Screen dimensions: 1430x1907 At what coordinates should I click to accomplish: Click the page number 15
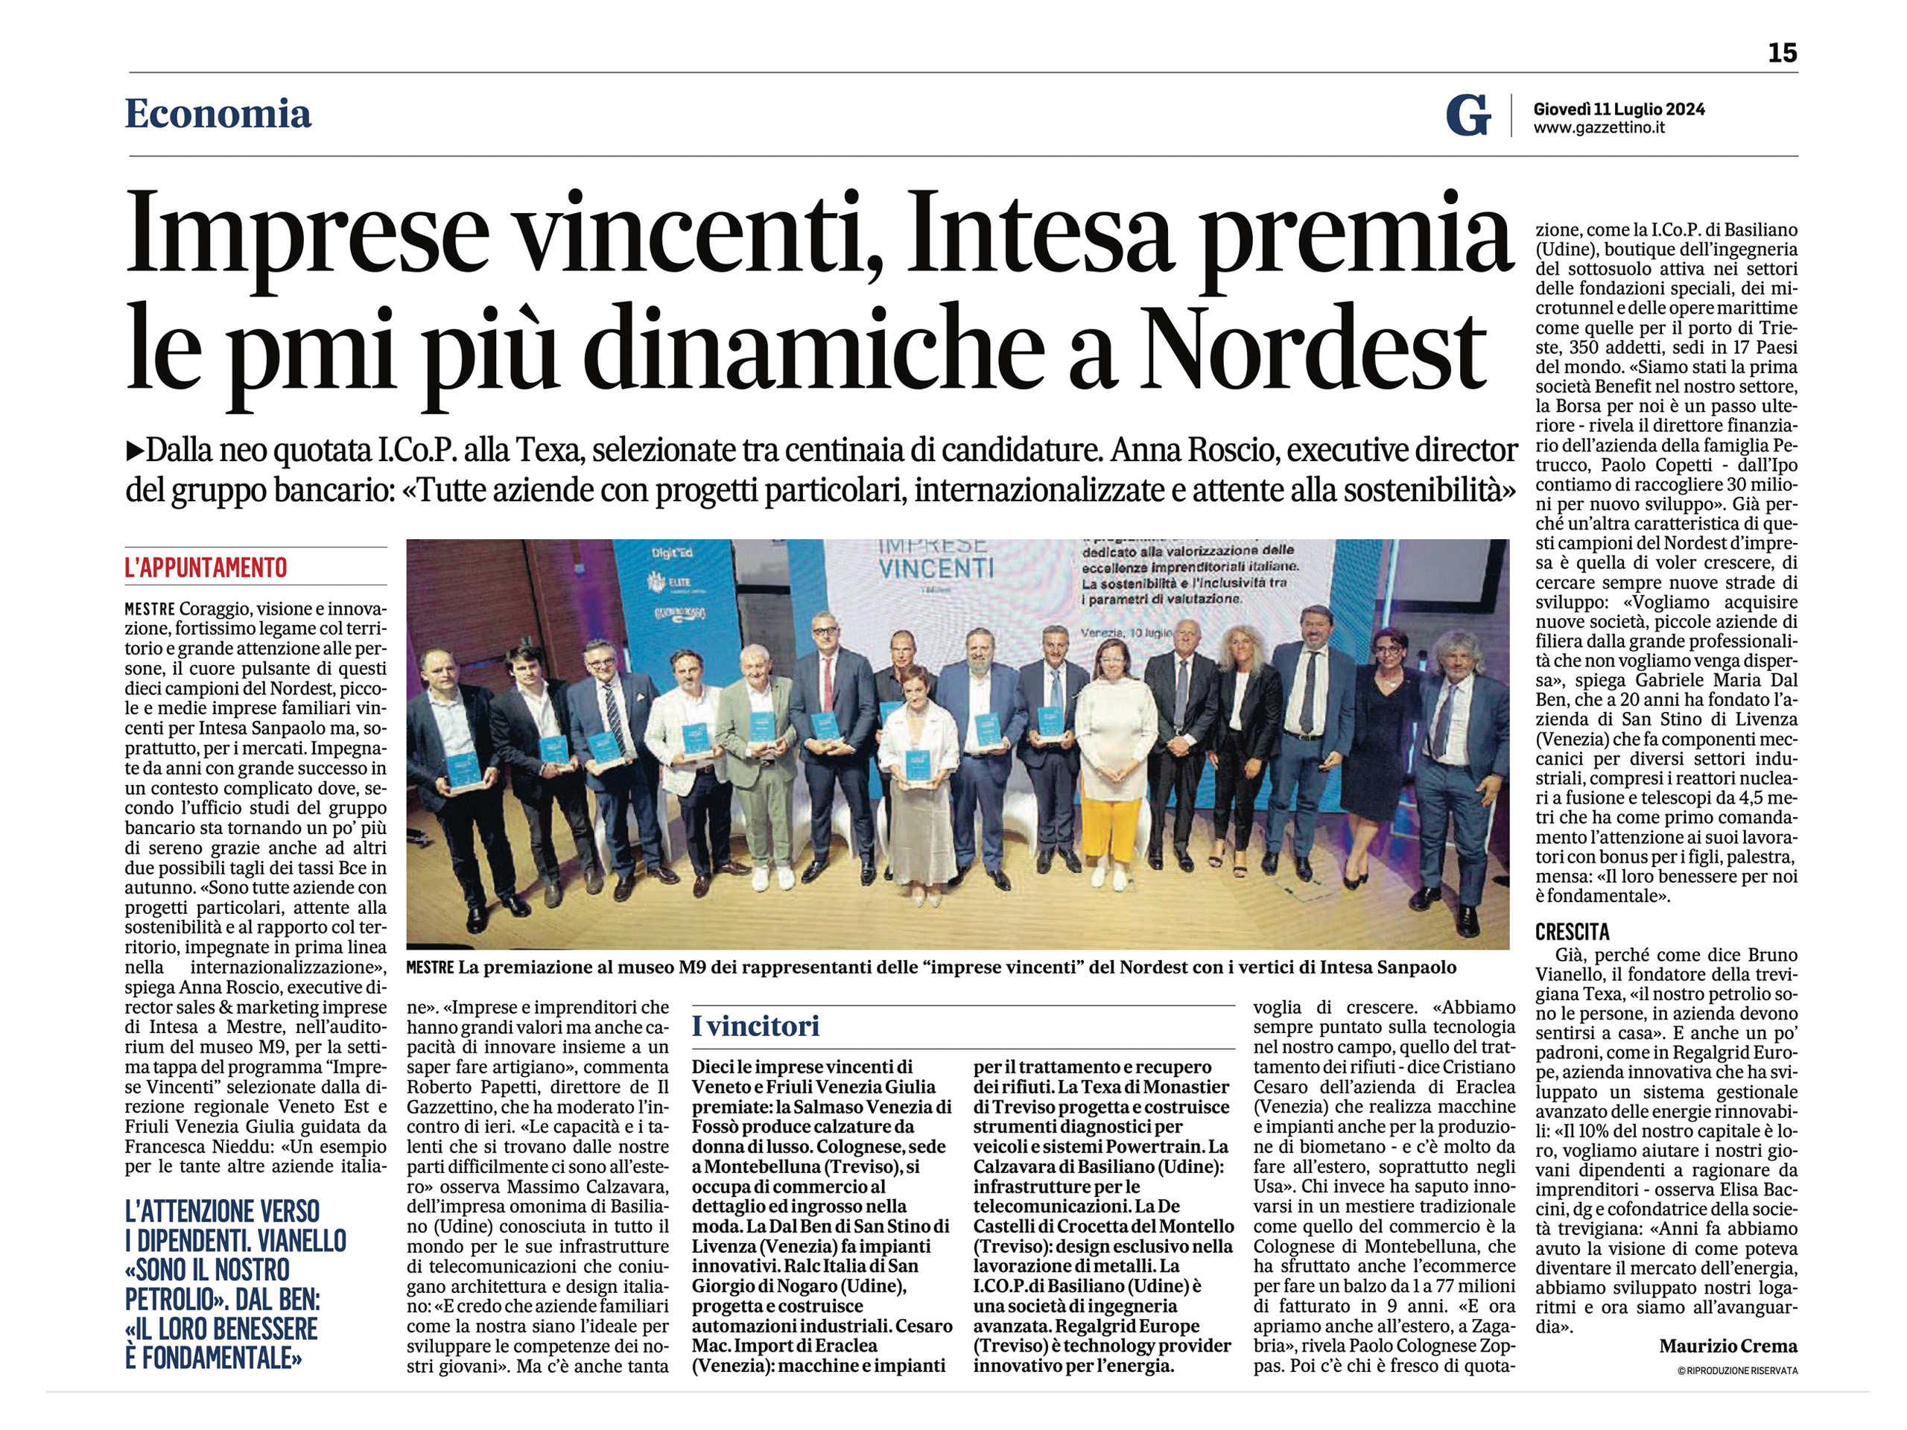[x=1782, y=54]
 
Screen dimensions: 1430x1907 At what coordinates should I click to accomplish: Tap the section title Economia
[x=218, y=114]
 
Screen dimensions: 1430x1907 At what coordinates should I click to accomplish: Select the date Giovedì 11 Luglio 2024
[x=1618, y=109]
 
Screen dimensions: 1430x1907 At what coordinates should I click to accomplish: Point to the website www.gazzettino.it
[x=1599, y=128]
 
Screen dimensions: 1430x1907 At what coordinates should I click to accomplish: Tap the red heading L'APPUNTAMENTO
[x=206, y=568]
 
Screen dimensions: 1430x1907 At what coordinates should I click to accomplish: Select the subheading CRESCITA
[x=1572, y=932]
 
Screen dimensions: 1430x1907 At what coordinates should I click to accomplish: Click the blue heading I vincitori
[x=755, y=1026]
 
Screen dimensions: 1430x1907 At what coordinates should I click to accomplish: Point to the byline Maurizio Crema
[x=1727, y=1346]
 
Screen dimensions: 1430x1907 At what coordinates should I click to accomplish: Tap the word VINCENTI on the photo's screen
[x=936, y=569]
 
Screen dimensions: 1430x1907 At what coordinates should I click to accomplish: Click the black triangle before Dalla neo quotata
[x=135, y=450]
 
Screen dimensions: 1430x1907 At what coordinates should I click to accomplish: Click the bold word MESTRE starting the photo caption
[x=429, y=968]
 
